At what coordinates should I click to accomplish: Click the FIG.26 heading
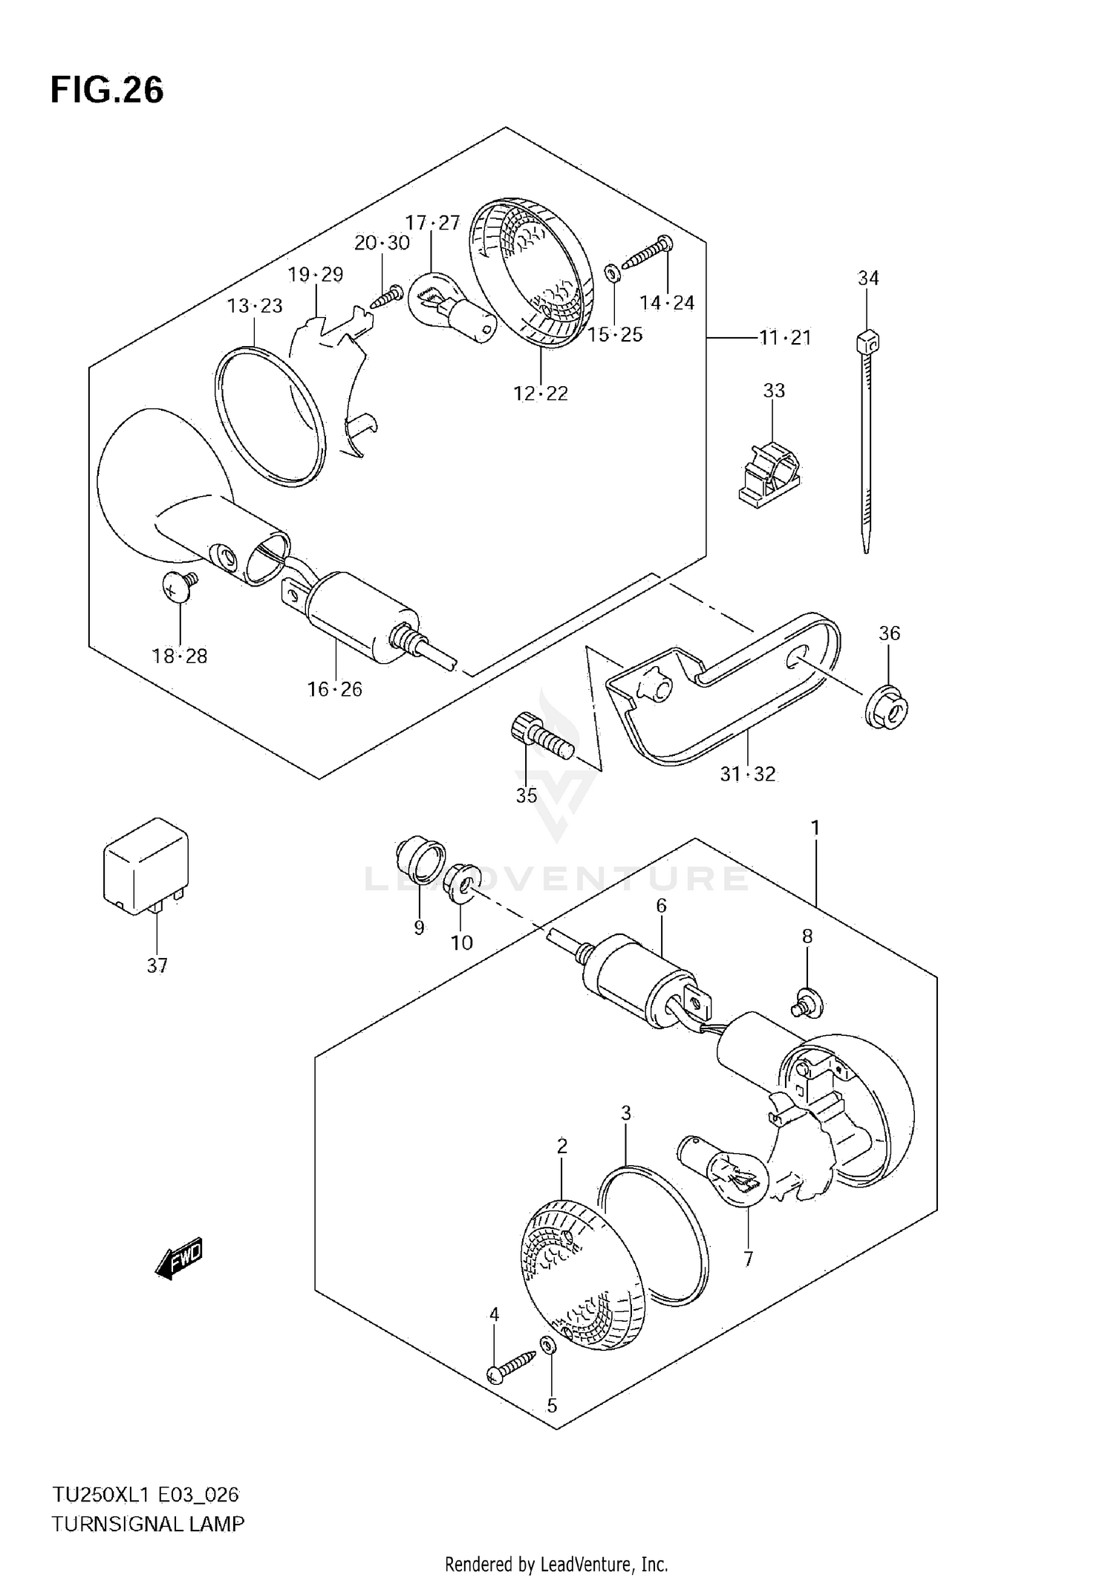point(107,91)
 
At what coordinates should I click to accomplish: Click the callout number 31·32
point(747,774)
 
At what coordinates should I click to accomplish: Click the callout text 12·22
point(541,393)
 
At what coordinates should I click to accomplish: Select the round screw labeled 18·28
point(180,588)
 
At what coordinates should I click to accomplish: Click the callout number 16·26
point(335,689)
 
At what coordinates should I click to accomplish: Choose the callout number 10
point(462,942)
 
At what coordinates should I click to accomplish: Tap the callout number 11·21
point(785,338)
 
